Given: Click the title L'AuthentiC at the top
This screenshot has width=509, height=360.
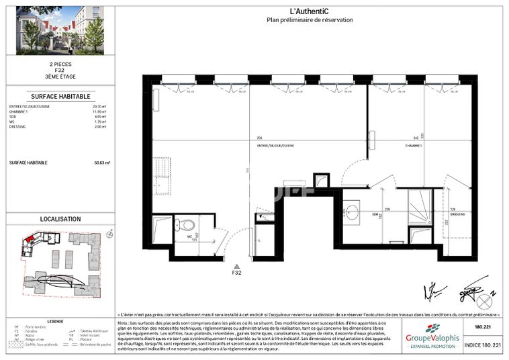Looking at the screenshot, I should click(308, 11).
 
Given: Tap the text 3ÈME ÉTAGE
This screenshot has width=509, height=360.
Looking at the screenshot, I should click(51, 78).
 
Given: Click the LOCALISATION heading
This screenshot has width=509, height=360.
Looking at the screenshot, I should click(60, 219).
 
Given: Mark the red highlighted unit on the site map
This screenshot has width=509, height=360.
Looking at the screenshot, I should click(30, 240).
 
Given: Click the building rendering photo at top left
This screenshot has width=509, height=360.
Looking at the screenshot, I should click(60, 30).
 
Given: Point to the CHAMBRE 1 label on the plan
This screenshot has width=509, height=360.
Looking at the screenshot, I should click(414, 145).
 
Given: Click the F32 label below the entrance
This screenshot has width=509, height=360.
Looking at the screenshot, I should click(236, 273).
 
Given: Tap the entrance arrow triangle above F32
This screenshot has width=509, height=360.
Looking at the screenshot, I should click(236, 266).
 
